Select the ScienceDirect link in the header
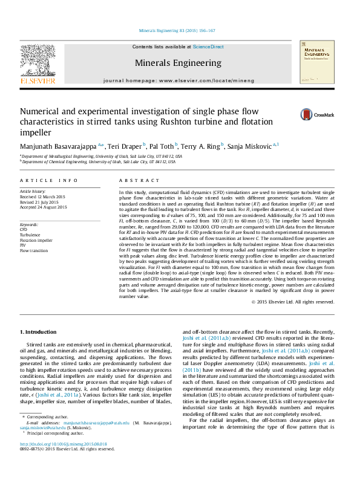[208, 47]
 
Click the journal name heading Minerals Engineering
[177, 62]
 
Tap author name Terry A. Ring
[201, 146]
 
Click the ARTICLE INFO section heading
[48, 181]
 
